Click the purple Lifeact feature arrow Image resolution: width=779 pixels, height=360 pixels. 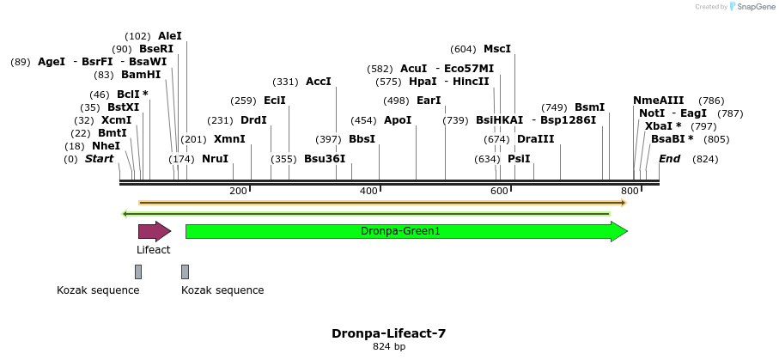point(154,231)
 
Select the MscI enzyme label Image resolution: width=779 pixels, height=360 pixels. point(497,49)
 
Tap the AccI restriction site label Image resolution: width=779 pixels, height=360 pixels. point(318,82)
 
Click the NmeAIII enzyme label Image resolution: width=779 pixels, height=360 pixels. point(658,101)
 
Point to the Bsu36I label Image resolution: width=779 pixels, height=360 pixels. point(325,159)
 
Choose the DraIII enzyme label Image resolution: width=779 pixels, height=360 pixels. point(536,139)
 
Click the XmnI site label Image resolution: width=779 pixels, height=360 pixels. point(229,139)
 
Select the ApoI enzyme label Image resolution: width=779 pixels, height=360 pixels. point(398,120)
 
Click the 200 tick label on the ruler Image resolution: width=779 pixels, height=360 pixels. point(238,191)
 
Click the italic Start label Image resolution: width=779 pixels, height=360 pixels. point(100,159)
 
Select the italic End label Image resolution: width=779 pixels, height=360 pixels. point(669,159)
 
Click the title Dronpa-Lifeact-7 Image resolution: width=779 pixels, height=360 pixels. point(388,333)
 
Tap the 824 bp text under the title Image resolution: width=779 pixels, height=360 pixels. point(388,347)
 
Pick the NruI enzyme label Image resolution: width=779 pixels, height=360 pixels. point(215,159)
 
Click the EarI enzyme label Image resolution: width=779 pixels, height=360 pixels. point(428,101)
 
